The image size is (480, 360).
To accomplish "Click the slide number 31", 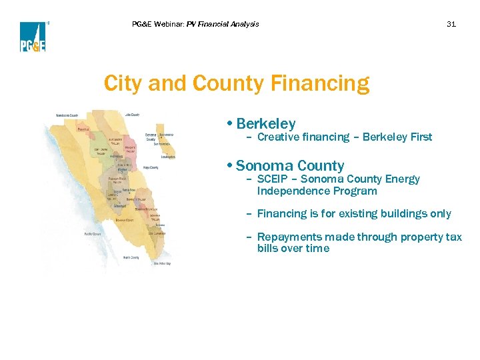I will point(451,24).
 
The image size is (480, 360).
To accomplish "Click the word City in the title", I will point(123,84).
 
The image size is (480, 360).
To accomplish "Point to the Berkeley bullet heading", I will point(265,123).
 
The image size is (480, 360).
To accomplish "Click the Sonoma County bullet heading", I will point(289,165).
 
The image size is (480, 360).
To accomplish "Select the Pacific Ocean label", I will point(92,234).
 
